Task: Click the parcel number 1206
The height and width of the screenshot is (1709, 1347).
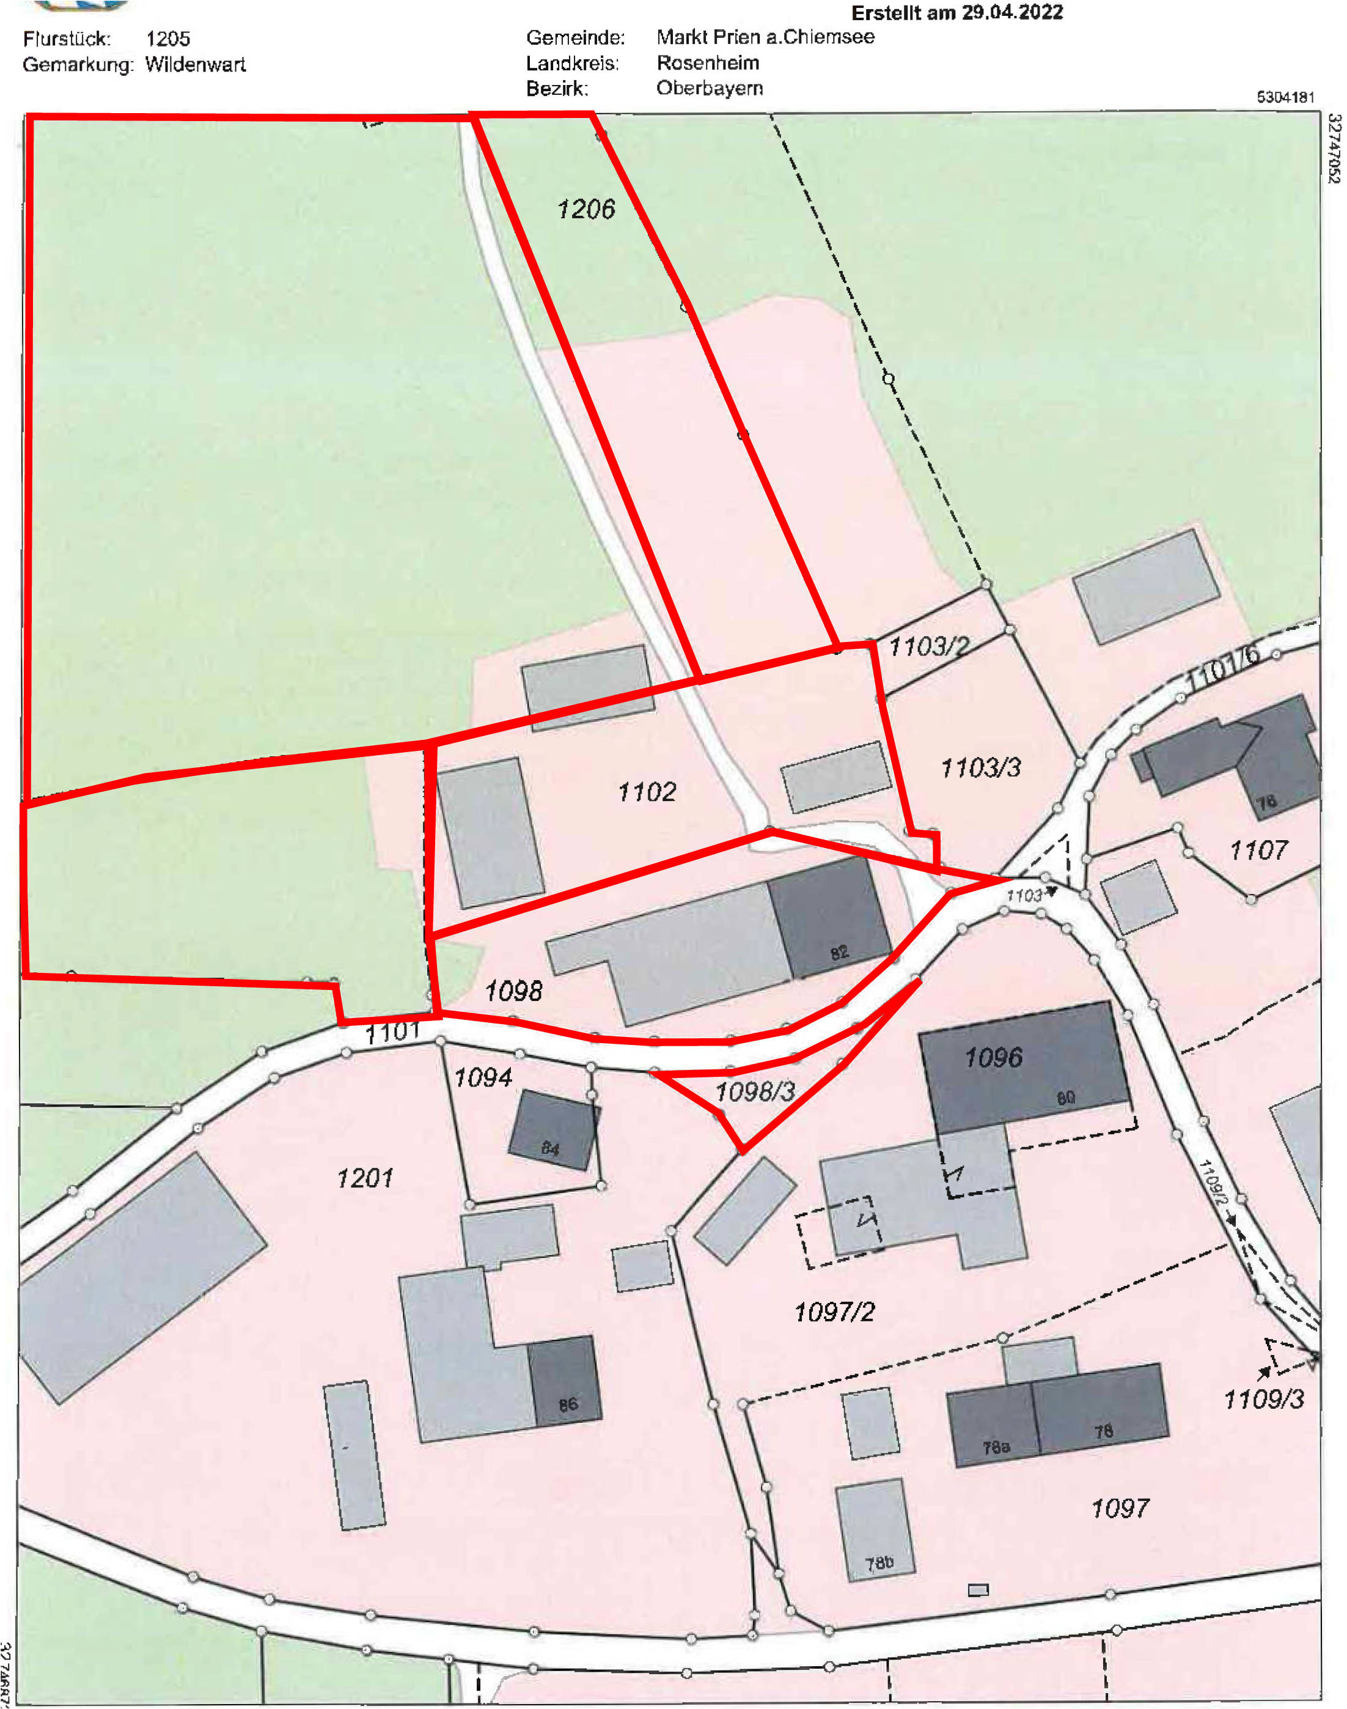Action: tap(586, 209)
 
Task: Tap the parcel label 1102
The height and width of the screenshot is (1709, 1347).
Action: tap(647, 791)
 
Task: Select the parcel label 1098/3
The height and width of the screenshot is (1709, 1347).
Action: tap(755, 1091)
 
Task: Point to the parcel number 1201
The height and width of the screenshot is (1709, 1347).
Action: tap(364, 1178)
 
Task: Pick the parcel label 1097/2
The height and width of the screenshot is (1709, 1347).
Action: tap(834, 1312)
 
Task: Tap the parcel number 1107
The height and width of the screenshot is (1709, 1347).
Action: tap(1258, 850)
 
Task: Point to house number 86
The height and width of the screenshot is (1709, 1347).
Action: tap(568, 1404)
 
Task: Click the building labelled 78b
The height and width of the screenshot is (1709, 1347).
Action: tap(879, 1563)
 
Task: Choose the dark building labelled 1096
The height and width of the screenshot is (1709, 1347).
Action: tap(994, 1057)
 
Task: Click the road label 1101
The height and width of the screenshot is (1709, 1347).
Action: tap(392, 1032)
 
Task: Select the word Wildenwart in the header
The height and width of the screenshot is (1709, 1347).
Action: tap(196, 65)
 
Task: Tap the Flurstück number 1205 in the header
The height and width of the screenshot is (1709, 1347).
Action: tap(168, 39)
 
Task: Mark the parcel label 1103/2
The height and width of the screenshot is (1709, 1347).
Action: tap(929, 646)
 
